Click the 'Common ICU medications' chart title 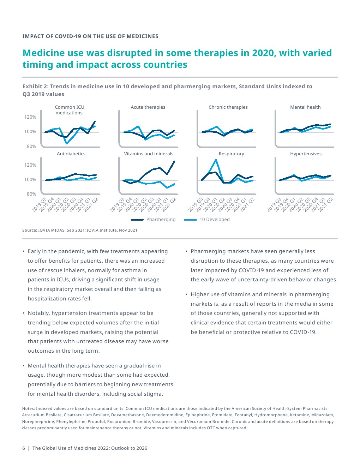click(x=70, y=110)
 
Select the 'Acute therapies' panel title click(x=148, y=107)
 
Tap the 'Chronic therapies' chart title click(x=228, y=107)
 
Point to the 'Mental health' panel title click(x=305, y=107)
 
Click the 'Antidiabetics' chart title click(x=71, y=154)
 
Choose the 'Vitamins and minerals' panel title click(x=149, y=154)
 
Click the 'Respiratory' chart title click(x=231, y=154)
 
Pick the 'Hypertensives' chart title click(x=306, y=154)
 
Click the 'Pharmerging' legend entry click(x=161, y=219)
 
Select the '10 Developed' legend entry click(x=214, y=219)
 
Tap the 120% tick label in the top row click(x=30, y=117)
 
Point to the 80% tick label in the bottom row click(x=31, y=194)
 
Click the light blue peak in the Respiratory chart click(x=216, y=160)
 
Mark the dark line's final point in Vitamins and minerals click(x=174, y=161)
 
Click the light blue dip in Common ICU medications click(x=67, y=143)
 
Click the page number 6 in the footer click(x=24, y=448)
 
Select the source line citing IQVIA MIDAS click(x=80, y=230)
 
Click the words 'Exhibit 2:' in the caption click(x=35, y=86)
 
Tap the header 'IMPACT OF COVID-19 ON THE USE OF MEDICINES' click(x=90, y=36)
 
